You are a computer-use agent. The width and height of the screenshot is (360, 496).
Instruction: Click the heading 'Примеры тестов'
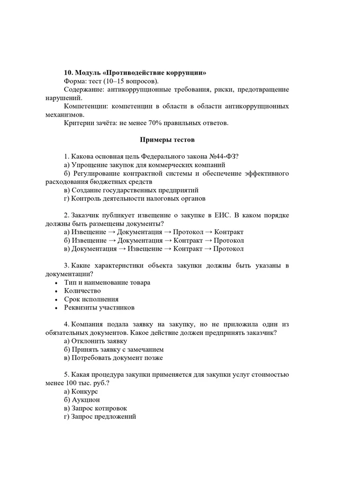point(167,140)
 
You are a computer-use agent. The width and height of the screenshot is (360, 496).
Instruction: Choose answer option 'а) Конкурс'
point(80,391)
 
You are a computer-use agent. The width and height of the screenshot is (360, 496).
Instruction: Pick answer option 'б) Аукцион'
point(82,400)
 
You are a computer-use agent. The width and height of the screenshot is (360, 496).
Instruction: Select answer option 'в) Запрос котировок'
point(95,408)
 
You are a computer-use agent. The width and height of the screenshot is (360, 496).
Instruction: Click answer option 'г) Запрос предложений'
point(100,417)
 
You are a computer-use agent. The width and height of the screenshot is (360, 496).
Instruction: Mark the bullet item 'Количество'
point(82,290)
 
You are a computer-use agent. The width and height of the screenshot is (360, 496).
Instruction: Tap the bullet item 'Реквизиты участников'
point(99,307)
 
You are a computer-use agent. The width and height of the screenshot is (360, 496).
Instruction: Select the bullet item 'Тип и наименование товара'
point(107,282)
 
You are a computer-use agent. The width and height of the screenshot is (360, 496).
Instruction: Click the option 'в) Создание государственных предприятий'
point(131,190)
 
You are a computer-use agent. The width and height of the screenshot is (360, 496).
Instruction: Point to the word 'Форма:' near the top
point(75,81)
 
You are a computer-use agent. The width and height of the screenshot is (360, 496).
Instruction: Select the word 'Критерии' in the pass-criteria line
point(78,123)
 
